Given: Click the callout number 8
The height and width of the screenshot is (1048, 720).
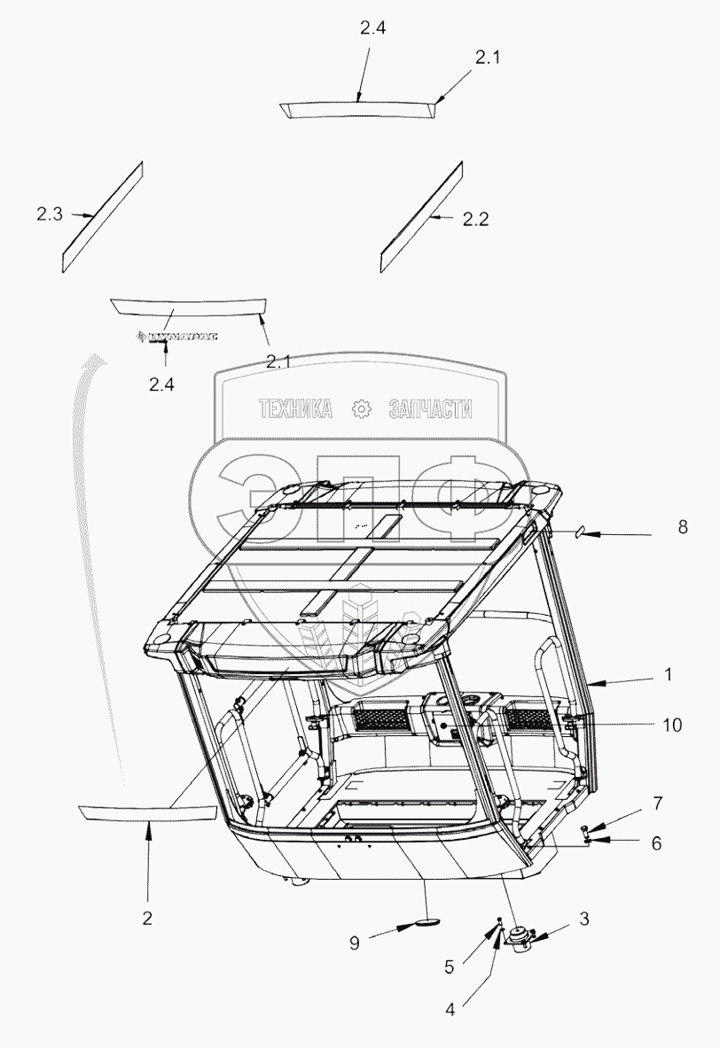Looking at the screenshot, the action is [682, 527].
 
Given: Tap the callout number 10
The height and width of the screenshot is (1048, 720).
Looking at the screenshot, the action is [671, 725].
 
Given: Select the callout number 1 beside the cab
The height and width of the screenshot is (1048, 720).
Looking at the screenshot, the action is [668, 674].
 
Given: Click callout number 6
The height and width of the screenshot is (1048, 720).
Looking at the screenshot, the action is [656, 843].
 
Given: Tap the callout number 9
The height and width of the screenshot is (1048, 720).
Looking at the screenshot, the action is [354, 943].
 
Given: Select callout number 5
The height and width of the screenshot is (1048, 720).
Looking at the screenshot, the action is [450, 966].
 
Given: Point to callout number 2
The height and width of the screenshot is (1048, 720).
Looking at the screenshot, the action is [147, 918].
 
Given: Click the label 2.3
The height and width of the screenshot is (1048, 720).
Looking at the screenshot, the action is [50, 213].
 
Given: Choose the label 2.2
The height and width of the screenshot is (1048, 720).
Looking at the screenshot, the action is [475, 220].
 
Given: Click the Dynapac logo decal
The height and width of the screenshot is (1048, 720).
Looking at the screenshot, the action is [176, 336].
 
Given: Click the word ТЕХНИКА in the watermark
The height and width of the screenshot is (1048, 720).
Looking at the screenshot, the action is [295, 408].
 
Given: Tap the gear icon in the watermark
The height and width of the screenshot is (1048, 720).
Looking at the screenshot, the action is [361, 408].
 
